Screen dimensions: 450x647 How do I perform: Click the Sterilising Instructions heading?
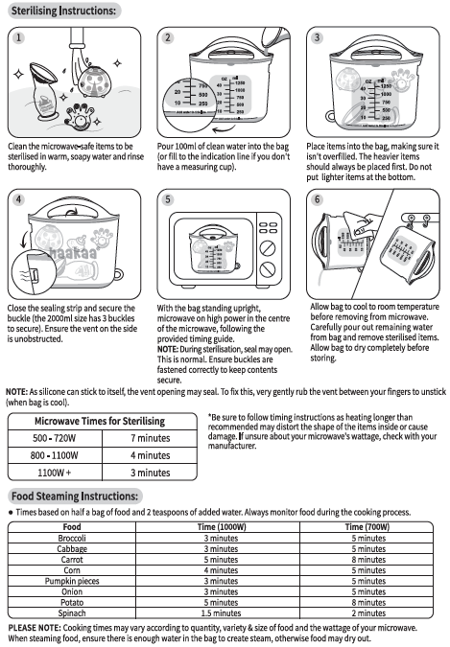pos(63,11)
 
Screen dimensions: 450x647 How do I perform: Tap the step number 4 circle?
pos(18,199)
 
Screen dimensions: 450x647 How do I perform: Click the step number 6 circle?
pos(317,199)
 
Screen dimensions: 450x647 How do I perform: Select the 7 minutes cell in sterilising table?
pos(150,438)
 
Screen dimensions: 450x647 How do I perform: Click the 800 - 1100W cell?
pos(54,455)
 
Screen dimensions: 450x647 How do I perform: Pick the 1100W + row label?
pos(54,473)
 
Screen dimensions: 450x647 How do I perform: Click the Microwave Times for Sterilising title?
pos(100,422)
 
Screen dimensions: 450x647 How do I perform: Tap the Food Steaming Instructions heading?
pos(75,496)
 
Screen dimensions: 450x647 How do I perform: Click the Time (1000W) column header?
pos(222,527)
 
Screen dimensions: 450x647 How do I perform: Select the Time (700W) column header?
pos(367,527)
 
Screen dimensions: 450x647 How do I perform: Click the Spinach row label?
pos(72,613)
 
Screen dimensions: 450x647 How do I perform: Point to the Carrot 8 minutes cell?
pos(368,560)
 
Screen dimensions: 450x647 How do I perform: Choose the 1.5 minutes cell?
pos(221,613)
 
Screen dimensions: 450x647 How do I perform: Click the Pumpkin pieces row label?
pos(72,581)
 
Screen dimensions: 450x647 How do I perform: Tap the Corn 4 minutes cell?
pos(221,570)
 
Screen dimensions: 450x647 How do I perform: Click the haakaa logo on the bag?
pos(74,253)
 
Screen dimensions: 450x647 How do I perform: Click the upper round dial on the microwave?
pos(268,248)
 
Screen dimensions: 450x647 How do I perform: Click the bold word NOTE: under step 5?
pos(167,350)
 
